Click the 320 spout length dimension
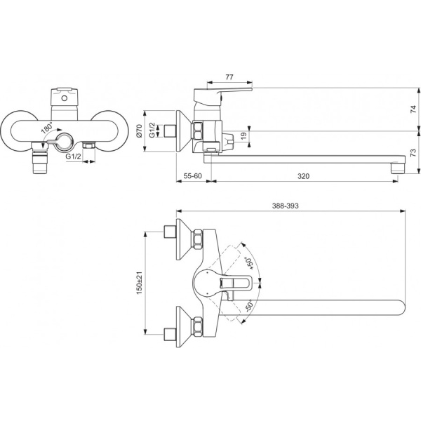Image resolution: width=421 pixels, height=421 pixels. coord(303,176)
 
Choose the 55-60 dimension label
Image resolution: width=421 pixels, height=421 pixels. coord(188,176)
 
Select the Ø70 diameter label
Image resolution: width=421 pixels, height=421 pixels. coord(140,130)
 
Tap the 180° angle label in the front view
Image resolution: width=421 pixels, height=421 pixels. coord(47,129)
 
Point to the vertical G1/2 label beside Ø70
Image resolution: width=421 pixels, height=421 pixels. coord(152,130)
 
